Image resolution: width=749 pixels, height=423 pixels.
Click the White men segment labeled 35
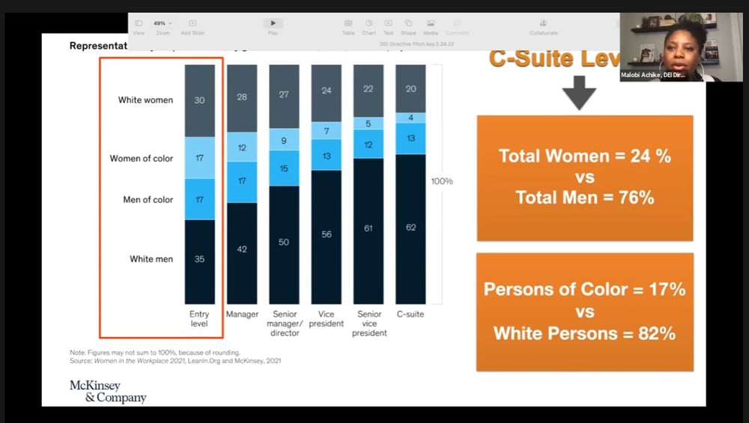200,260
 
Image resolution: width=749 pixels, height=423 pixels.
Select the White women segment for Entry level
200,100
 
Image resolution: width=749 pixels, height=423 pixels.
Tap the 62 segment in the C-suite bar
410,228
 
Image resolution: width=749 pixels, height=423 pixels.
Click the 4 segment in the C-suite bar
410,118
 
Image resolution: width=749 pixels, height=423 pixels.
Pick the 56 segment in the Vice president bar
327,235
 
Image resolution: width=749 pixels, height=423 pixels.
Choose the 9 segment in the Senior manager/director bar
284,140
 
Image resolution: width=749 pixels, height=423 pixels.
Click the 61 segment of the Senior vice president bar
369,229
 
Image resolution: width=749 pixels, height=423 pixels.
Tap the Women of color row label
142,159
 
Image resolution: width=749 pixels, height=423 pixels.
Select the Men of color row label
148,200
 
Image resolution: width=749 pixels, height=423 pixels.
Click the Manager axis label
242,314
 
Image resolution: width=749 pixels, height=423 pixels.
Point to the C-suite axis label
410,314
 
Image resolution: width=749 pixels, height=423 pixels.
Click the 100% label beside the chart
441,181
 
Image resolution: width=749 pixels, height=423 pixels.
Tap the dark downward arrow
578,93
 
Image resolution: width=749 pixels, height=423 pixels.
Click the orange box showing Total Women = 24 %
585,177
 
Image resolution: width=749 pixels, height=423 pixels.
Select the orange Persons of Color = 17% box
585,311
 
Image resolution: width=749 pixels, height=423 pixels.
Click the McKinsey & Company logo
108,391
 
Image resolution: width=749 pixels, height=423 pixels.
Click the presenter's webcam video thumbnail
670,46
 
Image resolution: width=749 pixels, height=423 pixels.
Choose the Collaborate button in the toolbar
544,27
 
